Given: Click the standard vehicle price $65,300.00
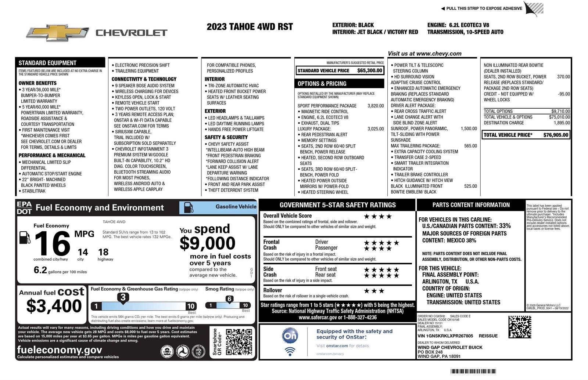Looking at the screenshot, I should (370, 70).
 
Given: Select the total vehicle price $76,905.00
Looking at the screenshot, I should (556, 135).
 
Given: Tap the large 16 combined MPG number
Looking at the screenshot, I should (53, 243).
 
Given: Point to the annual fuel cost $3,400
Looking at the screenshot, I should (54, 306).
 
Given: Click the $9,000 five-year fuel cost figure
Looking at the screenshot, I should (207, 243).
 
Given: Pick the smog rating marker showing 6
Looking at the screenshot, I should (229, 299).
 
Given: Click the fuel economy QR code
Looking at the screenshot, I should (239, 342).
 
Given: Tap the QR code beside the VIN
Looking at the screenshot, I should (520, 327).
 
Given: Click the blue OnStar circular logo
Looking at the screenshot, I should (290, 336).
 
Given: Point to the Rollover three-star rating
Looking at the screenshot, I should (374, 291).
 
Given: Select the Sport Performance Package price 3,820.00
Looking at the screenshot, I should (376, 106).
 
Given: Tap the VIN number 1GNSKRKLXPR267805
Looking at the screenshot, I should (445, 336).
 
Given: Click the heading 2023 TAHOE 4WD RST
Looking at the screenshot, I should (250, 27).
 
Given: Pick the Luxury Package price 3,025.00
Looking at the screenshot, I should (376, 129).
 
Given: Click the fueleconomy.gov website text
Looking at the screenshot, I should (60, 350).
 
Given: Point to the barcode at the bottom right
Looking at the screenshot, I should (473, 371).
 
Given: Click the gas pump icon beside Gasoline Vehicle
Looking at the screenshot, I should (188, 207).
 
